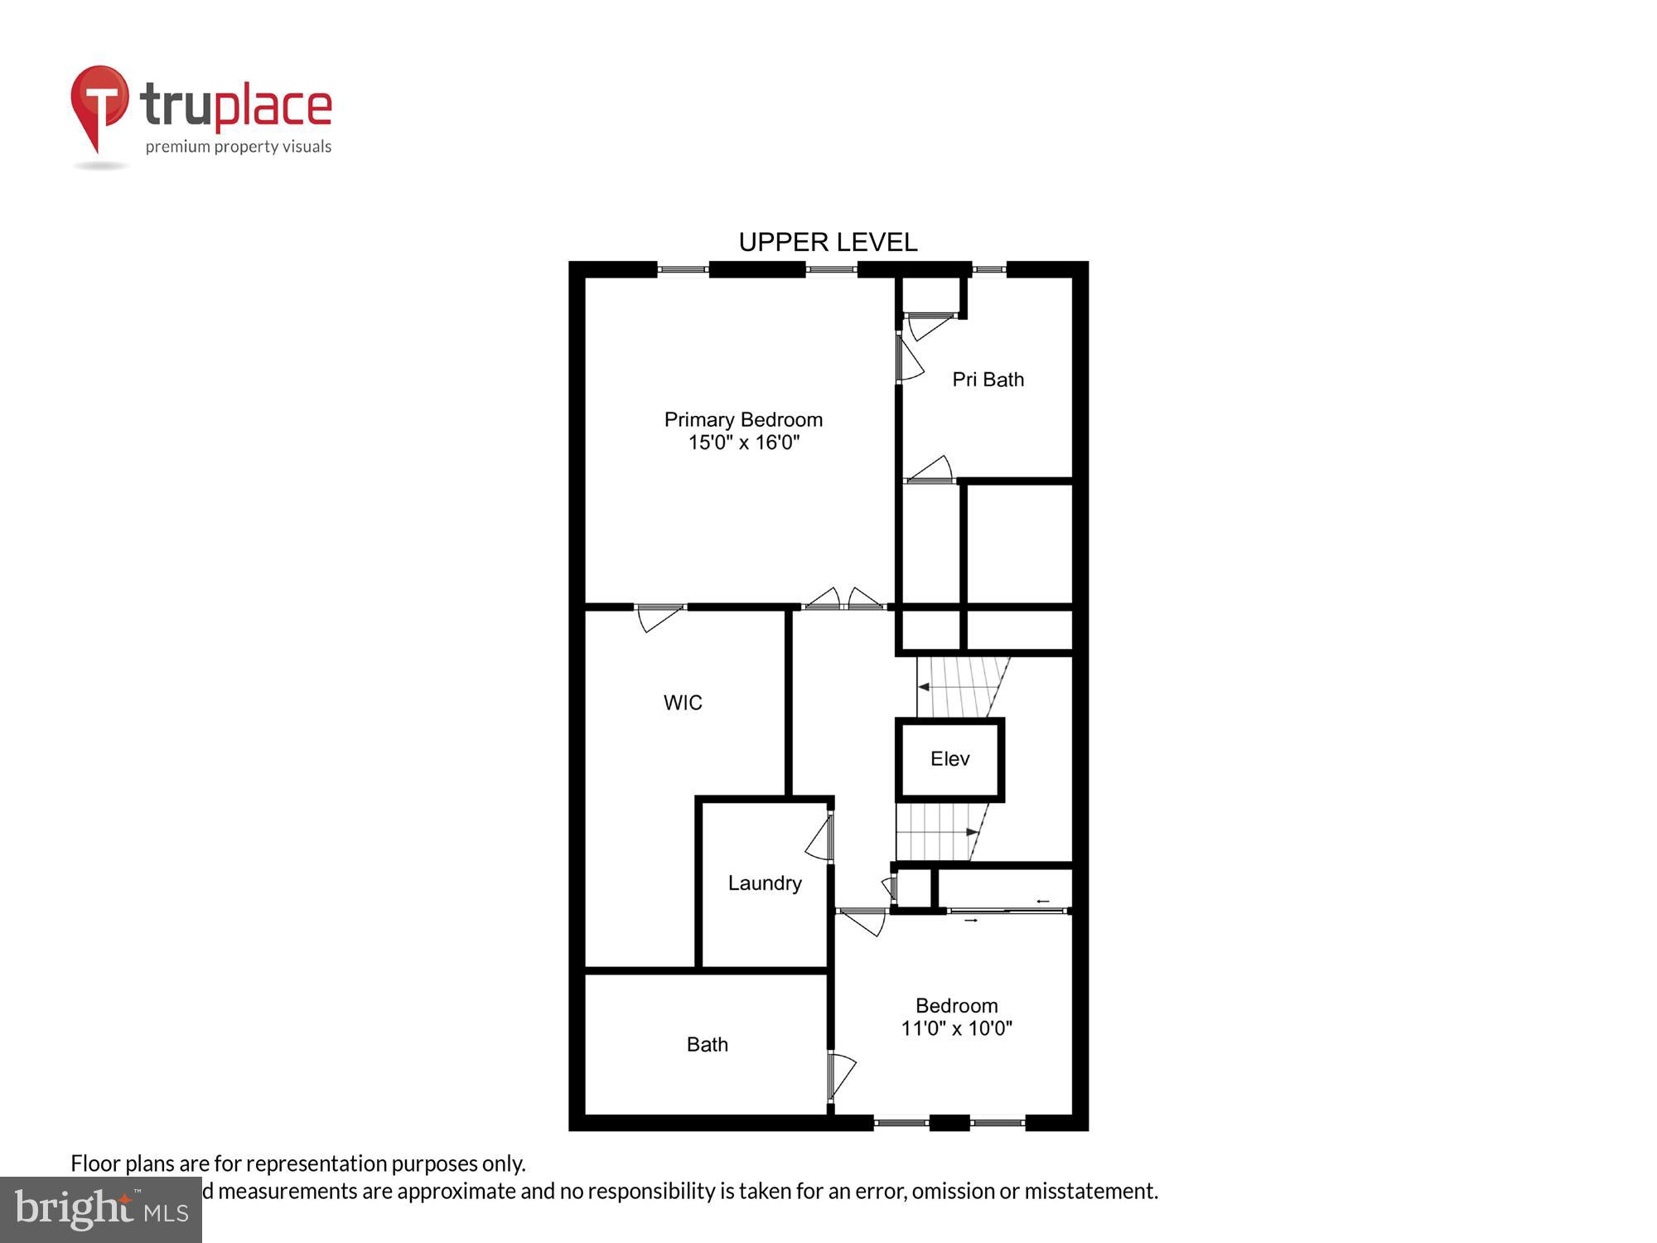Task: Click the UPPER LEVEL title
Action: click(828, 242)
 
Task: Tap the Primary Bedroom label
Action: click(743, 419)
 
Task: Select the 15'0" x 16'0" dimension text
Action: click(743, 443)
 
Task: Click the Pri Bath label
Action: click(988, 380)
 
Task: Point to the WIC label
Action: click(683, 703)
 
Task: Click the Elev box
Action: click(949, 759)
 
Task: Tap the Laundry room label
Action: click(765, 883)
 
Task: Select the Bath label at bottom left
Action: click(707, 1044)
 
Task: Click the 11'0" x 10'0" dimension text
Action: click(956, 1028)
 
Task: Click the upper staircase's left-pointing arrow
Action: click(923, 687)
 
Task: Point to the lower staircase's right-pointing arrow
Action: click(972, 831)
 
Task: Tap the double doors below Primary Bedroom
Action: click(843, 600)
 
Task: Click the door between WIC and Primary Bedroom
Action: click(660, 617)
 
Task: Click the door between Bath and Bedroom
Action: click(840, 1076)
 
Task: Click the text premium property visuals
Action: click(239, 148)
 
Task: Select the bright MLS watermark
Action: click(101, 1210)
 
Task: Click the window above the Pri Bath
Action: click(988, 268)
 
